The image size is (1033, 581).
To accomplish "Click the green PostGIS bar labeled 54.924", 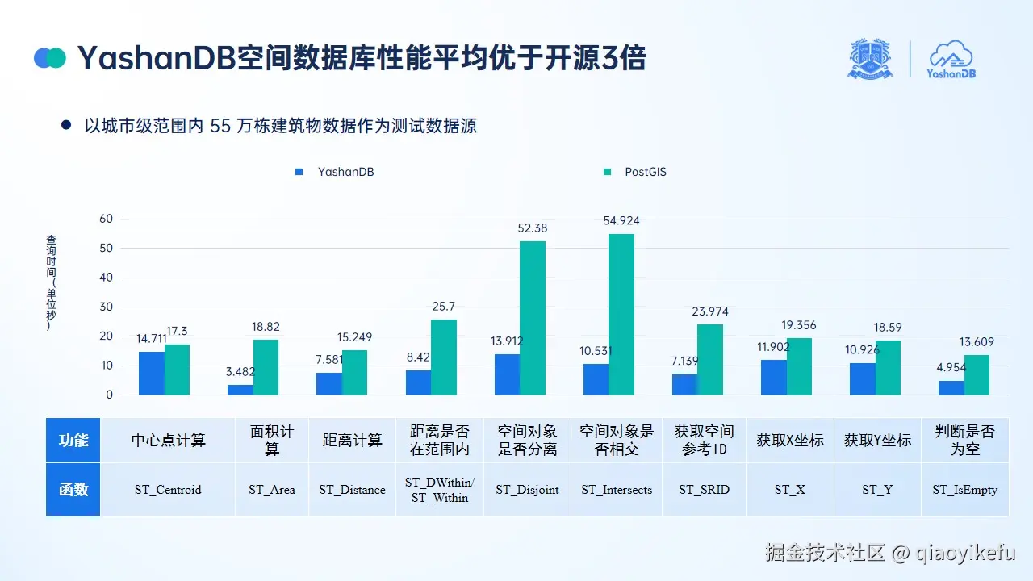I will (621, 315).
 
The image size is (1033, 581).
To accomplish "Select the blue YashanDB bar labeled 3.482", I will (240, 390).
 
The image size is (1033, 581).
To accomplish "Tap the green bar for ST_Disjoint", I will (533, 318).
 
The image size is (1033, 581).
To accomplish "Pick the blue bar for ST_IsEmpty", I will (951, 387).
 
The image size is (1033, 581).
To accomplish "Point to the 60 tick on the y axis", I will (106, 219).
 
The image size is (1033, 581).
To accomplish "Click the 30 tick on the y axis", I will (106, 307).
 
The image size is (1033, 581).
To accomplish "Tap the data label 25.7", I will (444, 307).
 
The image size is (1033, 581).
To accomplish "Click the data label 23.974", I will (710, 311).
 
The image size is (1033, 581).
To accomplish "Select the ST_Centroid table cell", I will (168, 490).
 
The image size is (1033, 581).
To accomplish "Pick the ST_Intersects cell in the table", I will (617, 490).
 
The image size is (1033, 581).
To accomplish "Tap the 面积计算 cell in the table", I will (272, 440).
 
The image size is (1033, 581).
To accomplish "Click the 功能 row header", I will (73, 440).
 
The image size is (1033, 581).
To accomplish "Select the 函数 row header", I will (73, 490).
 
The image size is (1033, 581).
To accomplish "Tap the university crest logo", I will (870, 59).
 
